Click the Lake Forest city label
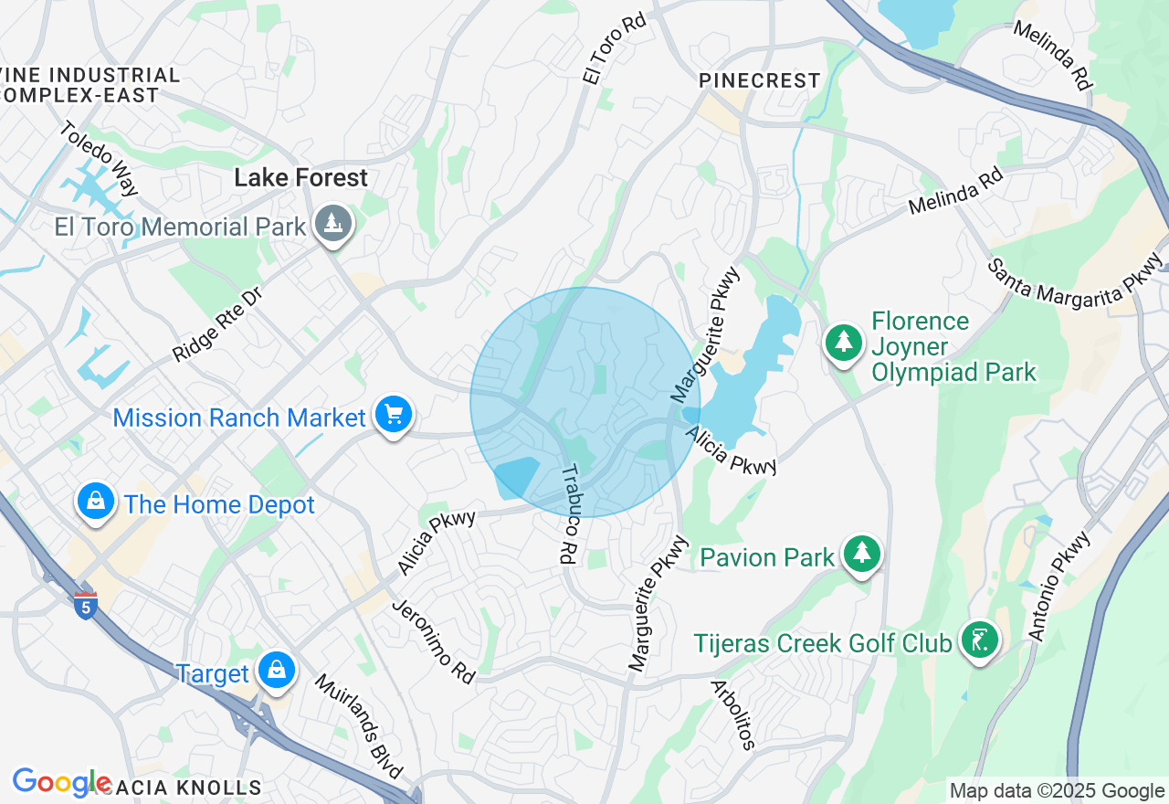(300, 177)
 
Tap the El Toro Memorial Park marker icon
(332, 223)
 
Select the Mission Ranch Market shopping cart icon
(394, 415)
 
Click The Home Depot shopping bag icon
(95, 502)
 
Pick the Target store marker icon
(275, 671)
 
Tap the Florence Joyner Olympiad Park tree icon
(843, 343)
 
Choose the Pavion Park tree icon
(861, 553)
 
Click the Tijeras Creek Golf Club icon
(980, 640)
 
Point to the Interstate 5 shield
(86, 605)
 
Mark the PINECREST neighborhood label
(760, 80)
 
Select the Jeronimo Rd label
(434, 641)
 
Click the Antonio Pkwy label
(1059, 586)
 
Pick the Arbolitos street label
(733, 714)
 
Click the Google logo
(61, 783)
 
